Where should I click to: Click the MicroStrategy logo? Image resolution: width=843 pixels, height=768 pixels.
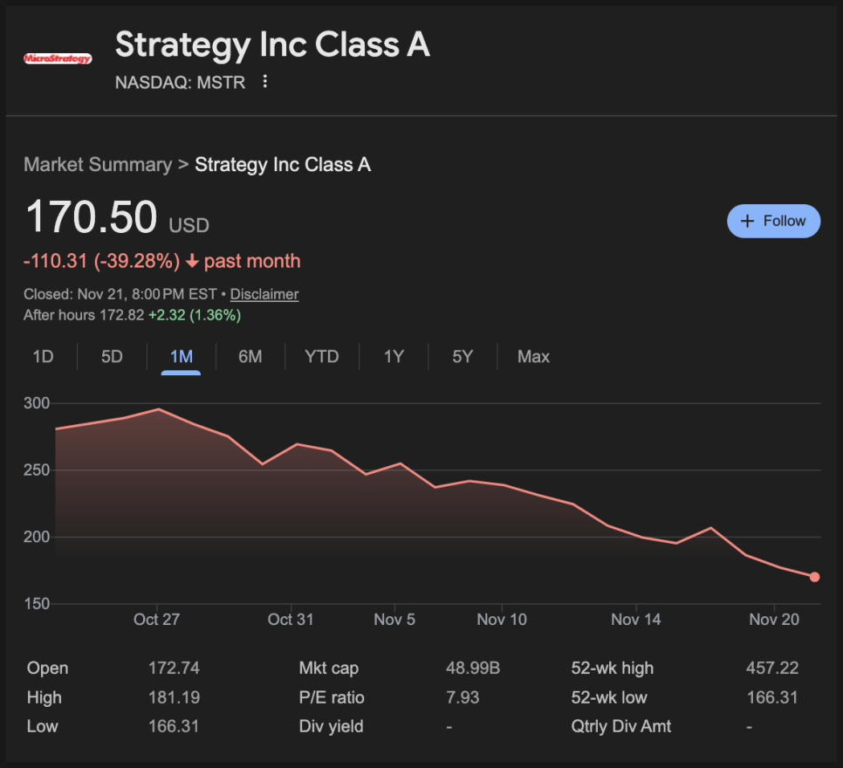58,58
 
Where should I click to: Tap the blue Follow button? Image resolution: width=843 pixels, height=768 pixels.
773,221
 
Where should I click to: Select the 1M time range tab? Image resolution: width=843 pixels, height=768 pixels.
181,356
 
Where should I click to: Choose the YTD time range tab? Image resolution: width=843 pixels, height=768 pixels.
321,356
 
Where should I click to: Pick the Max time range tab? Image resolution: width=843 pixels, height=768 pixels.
533,356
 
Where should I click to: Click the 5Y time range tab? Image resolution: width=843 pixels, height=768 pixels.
463,356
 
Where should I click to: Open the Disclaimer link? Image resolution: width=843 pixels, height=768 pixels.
264,294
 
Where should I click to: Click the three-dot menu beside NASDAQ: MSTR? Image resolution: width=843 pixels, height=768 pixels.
265,82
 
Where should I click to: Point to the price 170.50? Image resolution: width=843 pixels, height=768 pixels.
92,217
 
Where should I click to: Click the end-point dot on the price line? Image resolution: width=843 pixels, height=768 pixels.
814,577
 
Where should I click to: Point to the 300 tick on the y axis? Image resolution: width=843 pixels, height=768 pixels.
37,404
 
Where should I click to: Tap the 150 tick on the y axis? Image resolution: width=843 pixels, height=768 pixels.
37,604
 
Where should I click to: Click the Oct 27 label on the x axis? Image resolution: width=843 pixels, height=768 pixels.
157,620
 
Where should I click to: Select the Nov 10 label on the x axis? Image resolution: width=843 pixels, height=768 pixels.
502,620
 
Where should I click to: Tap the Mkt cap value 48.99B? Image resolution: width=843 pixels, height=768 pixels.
472,669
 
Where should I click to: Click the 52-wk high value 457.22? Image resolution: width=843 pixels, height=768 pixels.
772,669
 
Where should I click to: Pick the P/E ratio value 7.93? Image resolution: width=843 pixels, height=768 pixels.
462,697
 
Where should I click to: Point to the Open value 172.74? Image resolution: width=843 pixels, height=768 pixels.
174,669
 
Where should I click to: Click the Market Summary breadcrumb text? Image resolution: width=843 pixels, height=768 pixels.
98,165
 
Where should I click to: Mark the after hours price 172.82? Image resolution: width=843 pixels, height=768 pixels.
122,315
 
